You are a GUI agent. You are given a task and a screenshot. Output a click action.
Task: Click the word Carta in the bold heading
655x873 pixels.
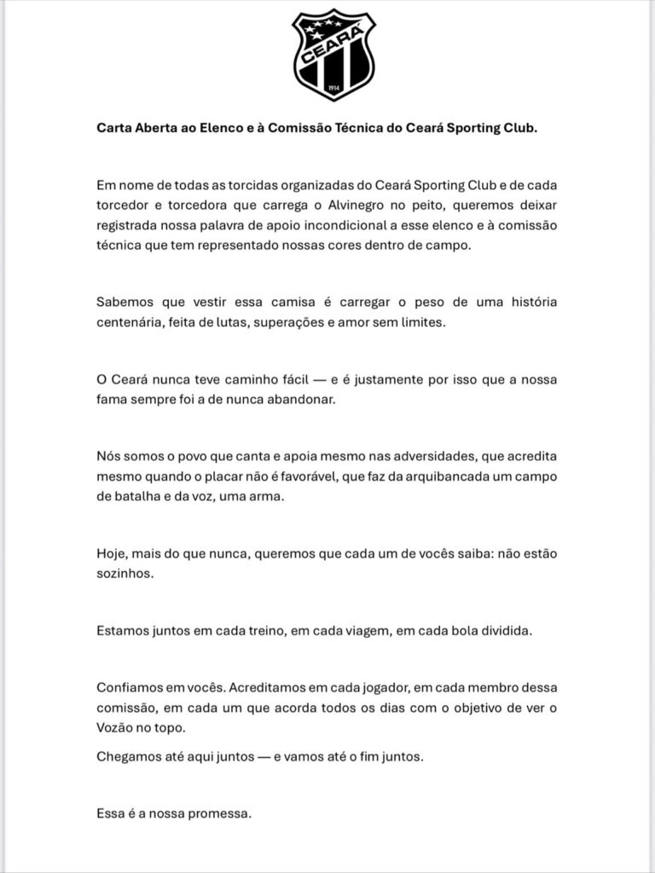[x=115, y=129]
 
